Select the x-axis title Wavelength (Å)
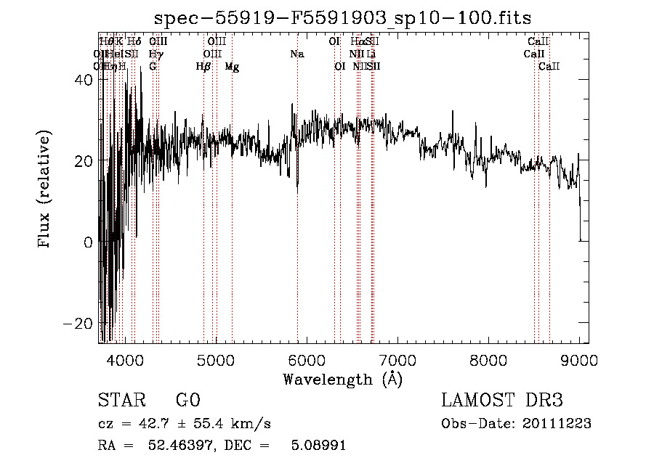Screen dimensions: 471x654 (342, 379)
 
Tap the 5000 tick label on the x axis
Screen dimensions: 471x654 (216, 359)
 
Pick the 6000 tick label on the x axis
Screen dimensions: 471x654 (307, 359)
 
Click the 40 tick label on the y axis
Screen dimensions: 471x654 (82, 81)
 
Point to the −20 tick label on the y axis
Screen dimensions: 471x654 (77, 323)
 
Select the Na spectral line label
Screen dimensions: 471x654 (296, 54)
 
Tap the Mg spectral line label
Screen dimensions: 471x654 (232, 67)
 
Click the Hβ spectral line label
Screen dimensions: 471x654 (203, 67)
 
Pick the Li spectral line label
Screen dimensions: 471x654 (371, 54)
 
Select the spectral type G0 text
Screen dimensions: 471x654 (187, 401)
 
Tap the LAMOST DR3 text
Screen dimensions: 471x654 (501, 401)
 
